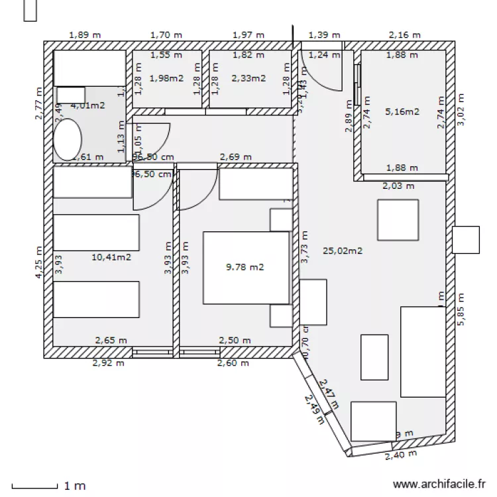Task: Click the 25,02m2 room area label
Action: [342, 250]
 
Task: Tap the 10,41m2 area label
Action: [111, 257]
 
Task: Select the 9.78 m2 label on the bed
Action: [245, 267]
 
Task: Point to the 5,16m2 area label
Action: [402, 112]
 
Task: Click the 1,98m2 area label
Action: [166, 78]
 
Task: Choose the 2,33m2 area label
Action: [248, 78]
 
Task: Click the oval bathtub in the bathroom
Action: [67, 140]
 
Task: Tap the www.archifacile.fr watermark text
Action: [439, 484]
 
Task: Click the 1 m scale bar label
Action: [75, 486]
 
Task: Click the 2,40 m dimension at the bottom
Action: [400, 455]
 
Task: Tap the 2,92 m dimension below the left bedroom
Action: [108, 362]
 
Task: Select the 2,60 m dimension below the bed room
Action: [233, 362]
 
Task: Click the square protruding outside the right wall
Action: [465, 240]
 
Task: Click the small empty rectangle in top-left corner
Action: [30, 11]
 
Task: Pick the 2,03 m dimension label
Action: [398, 186]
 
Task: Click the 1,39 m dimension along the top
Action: [324, 34]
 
